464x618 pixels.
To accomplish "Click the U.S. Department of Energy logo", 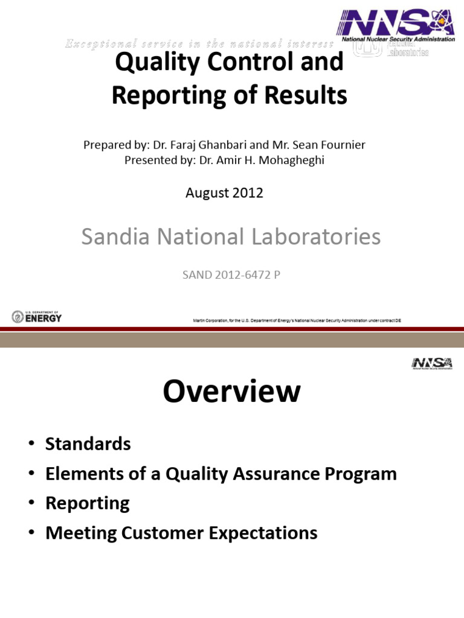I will click(x=36, y=317).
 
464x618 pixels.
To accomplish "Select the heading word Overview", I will click(x=231, y=392).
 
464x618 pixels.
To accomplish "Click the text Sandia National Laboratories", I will click(x=231, y=237).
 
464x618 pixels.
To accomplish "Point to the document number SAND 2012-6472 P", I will click(x=232, y=275).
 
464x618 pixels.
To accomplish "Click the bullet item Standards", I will click(x=88, y=444).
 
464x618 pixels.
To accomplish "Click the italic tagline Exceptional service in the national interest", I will click(x=198, y=43).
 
